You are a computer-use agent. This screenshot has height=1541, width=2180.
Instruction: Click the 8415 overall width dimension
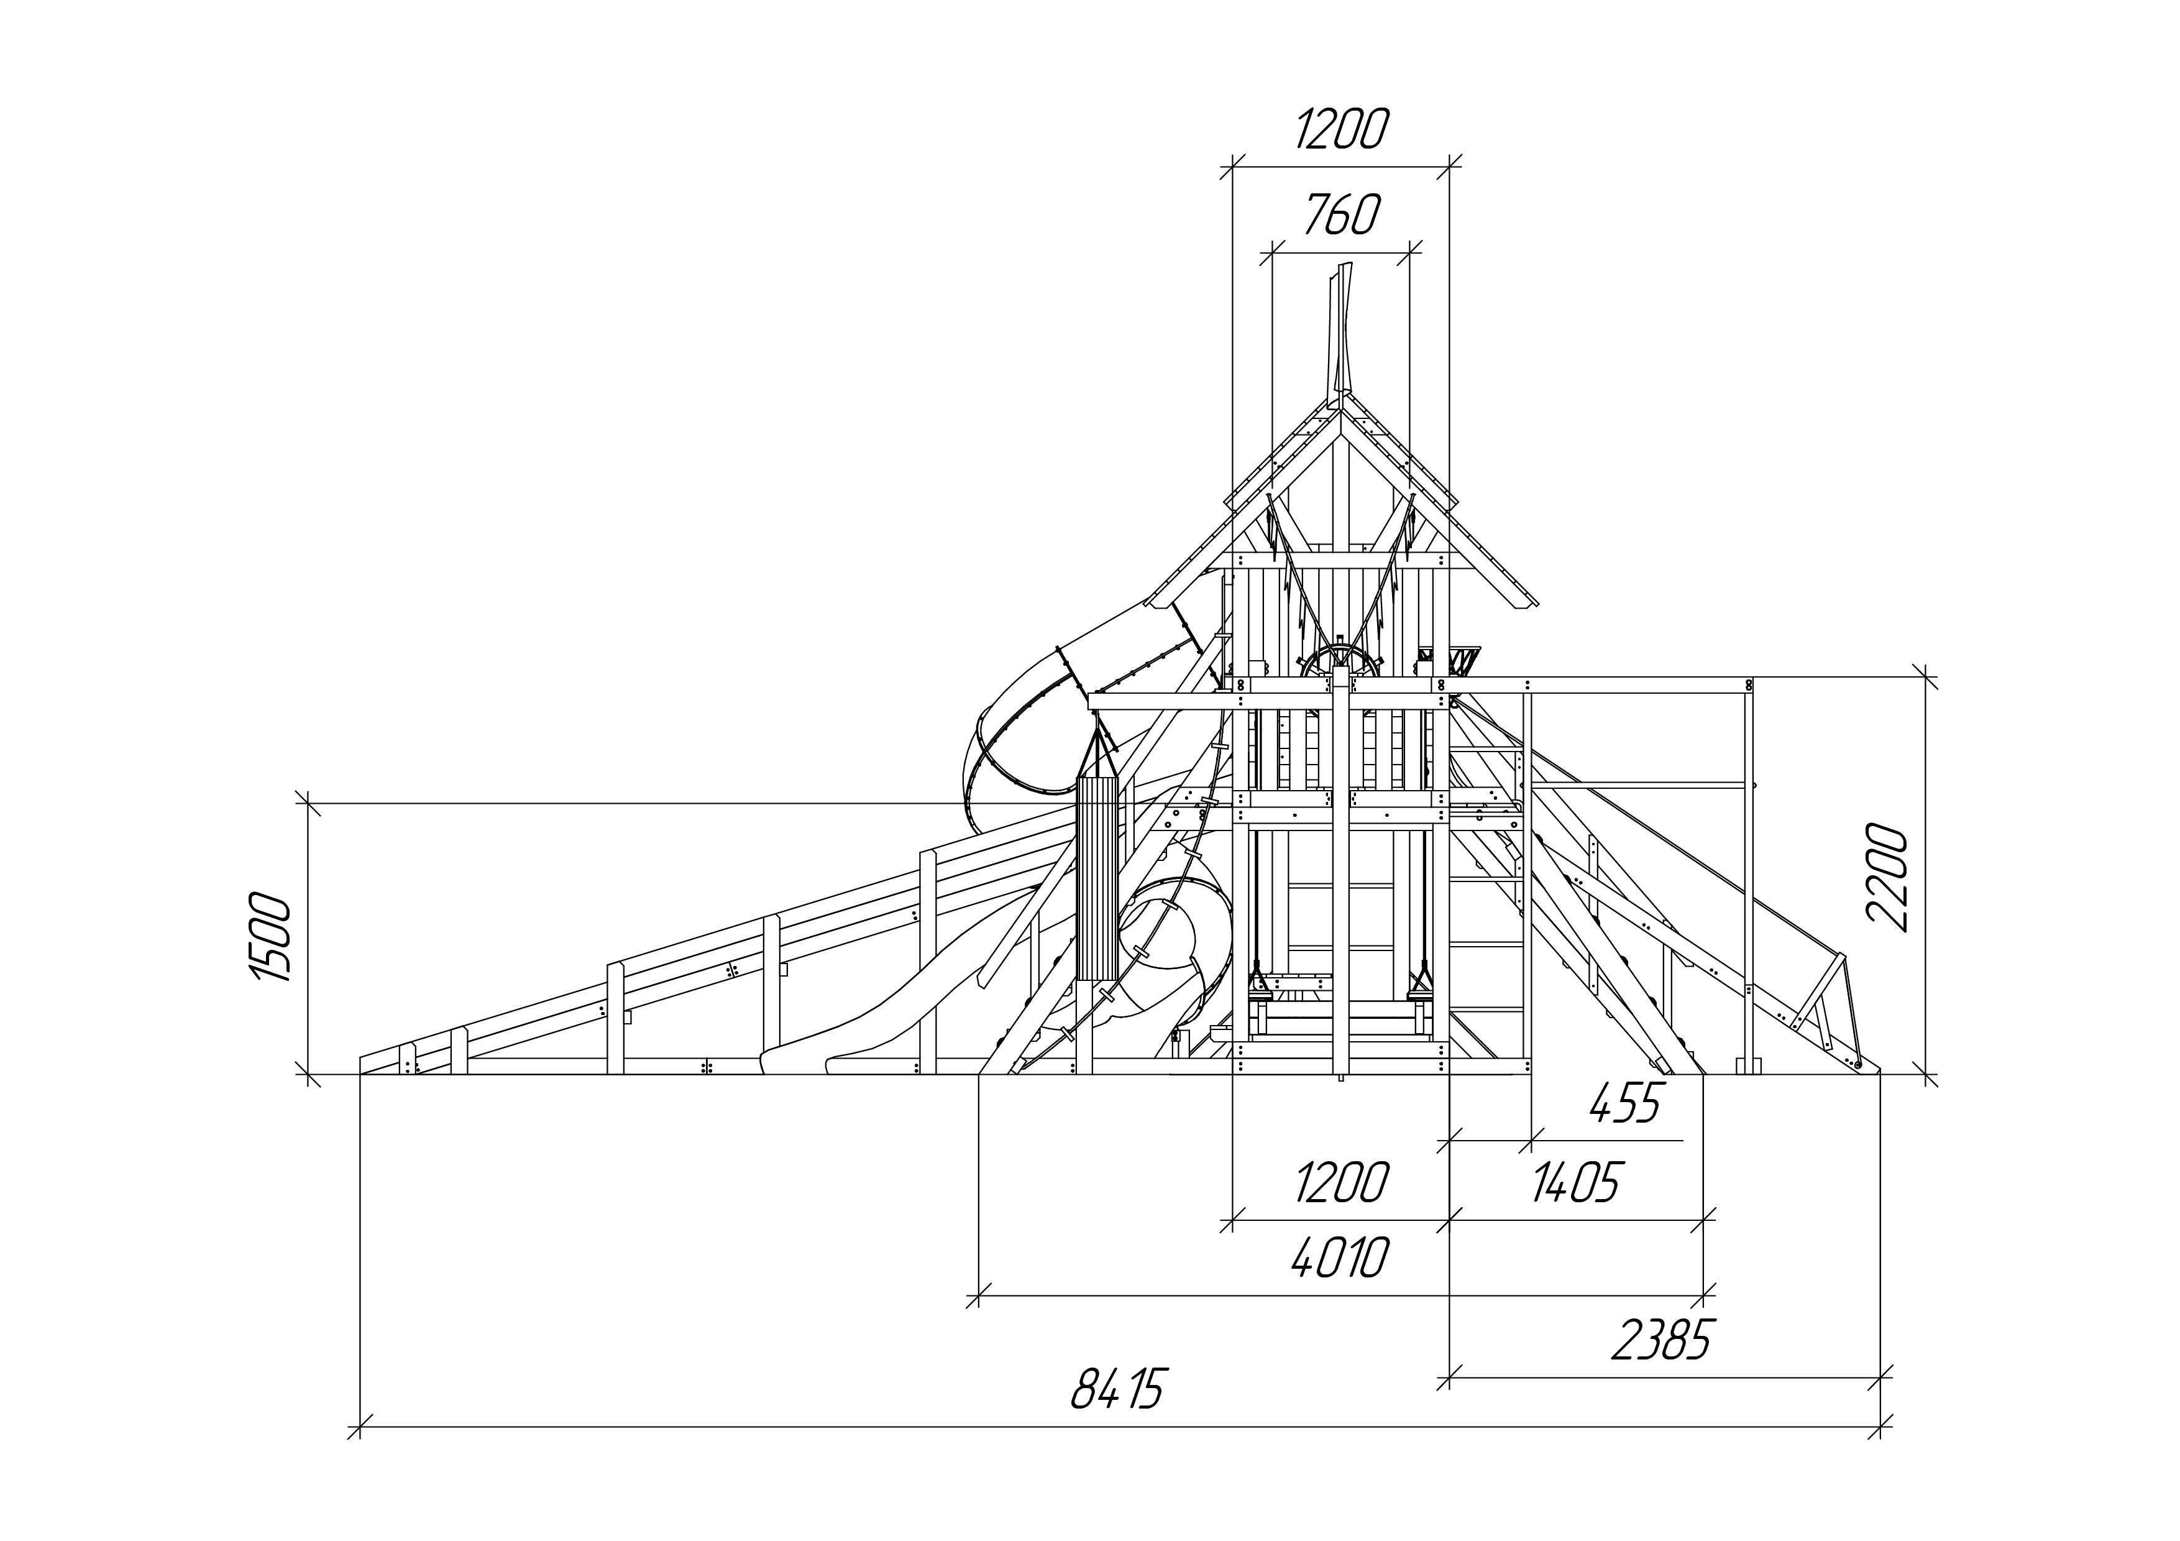[x=1117, y=1388]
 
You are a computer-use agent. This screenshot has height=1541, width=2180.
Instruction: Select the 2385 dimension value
[x=1660, y=1340]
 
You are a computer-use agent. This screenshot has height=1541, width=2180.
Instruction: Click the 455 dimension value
[x=1624, y=1103]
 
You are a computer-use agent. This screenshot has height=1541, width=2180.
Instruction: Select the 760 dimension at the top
[x=1340, y=216]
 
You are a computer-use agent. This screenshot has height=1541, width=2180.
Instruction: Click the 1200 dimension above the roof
[x=1340, y=130]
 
